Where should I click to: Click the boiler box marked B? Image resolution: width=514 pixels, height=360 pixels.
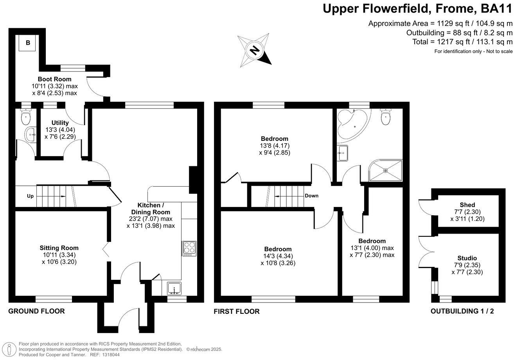pyautogui.click(x=28, y=43)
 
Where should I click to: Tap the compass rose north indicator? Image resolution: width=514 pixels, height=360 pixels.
pyautogui.click(x=255, y=50)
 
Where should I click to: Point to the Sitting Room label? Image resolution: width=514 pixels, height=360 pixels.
pyautogui.click(x=59, y=248)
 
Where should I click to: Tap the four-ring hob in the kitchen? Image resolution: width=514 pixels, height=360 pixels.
pyautogui.click(x=189, y=249)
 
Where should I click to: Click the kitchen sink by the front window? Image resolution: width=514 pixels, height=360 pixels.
pyautogui.click(x=174, y=288)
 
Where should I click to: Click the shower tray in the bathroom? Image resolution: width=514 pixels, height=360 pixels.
pyautogui.click(x=385, y=171)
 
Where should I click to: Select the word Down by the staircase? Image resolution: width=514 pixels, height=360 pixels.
pyautogui.click(x=311, y=196)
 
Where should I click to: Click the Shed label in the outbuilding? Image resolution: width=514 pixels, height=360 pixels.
pyautogui.click(x=467, y=205)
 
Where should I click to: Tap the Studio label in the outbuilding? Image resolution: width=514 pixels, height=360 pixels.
pyautogui.click(x=467, y=258)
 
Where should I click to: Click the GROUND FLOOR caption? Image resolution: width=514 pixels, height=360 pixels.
pyautogui.click(x=36, y=311)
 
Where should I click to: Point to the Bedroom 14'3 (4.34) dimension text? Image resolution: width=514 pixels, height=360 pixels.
pyautogui.click(x=278, y=256)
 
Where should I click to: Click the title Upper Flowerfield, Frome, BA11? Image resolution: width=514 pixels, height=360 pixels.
pyautogui.click(x=417, y=9)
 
